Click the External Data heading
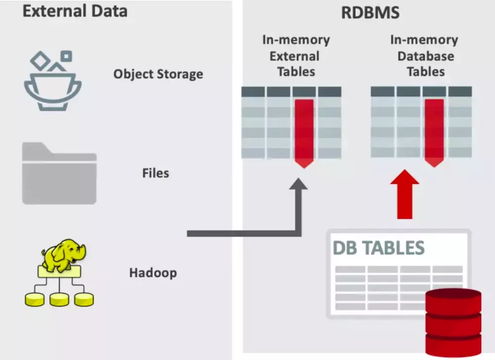click(x=75, y=11)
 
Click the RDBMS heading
click(x=370, y=12)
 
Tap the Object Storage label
click(x=158, y=74)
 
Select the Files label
click(x=155, y=173)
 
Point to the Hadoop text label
click(x=153, y=272)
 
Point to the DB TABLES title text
click(x=379, y=248)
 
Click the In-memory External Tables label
click(x=296, y=55)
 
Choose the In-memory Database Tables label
click(x=425, y=55)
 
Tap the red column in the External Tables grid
click(x=304, y=131)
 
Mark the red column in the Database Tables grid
click(x=434, y=131)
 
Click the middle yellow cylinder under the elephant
click(x=59, y=299)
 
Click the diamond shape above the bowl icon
click(x=40, y=60)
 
